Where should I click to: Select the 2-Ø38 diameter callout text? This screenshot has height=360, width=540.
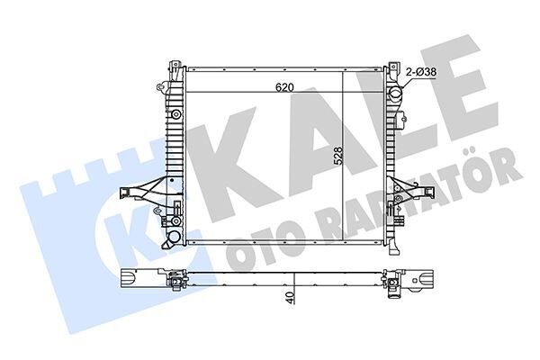tap(422, 71)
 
